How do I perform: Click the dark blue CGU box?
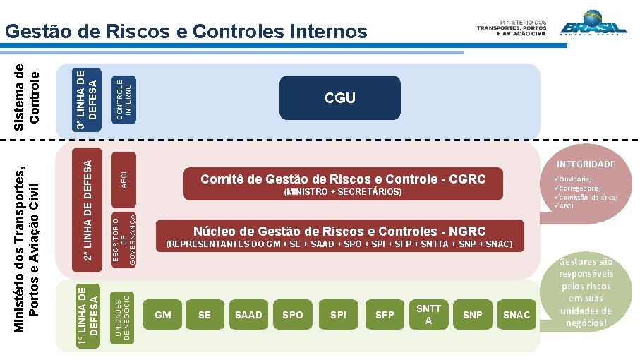pos(339,98)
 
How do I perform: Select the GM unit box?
pos(162,315)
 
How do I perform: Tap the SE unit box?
pos(205,315)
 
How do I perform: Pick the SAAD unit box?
pos(248,315)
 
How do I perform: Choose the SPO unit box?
pos(292,315)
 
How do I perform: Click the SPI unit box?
pos(338,315)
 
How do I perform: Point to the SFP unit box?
pos(385,315)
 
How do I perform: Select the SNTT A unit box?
pos(428,315)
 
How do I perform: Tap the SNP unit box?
pos(472,315)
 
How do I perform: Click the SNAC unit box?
pos(517,315)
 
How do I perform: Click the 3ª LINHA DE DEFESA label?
pos(88,99)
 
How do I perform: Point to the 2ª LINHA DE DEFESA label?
pos(88,210)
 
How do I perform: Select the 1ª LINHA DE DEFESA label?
pos(88,315)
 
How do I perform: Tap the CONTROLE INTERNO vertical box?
pos(123,99)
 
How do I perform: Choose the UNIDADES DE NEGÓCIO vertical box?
pos(123,315)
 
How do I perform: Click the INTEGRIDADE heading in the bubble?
pos(586,164)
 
